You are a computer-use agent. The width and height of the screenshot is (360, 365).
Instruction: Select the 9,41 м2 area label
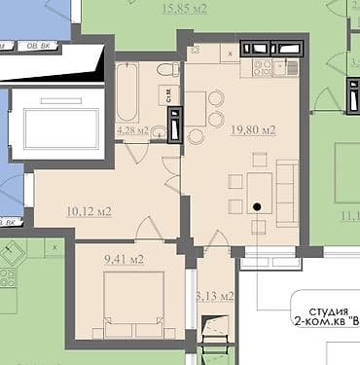[x=123, y=259]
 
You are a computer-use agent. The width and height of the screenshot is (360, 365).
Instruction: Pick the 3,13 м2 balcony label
[x=215, y=295]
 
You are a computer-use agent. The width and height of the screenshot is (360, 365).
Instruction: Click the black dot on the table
[x=257, y=206]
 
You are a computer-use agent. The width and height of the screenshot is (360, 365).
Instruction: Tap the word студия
[x=319, y=313]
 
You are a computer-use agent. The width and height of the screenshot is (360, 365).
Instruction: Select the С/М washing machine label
[x=168, y=93]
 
